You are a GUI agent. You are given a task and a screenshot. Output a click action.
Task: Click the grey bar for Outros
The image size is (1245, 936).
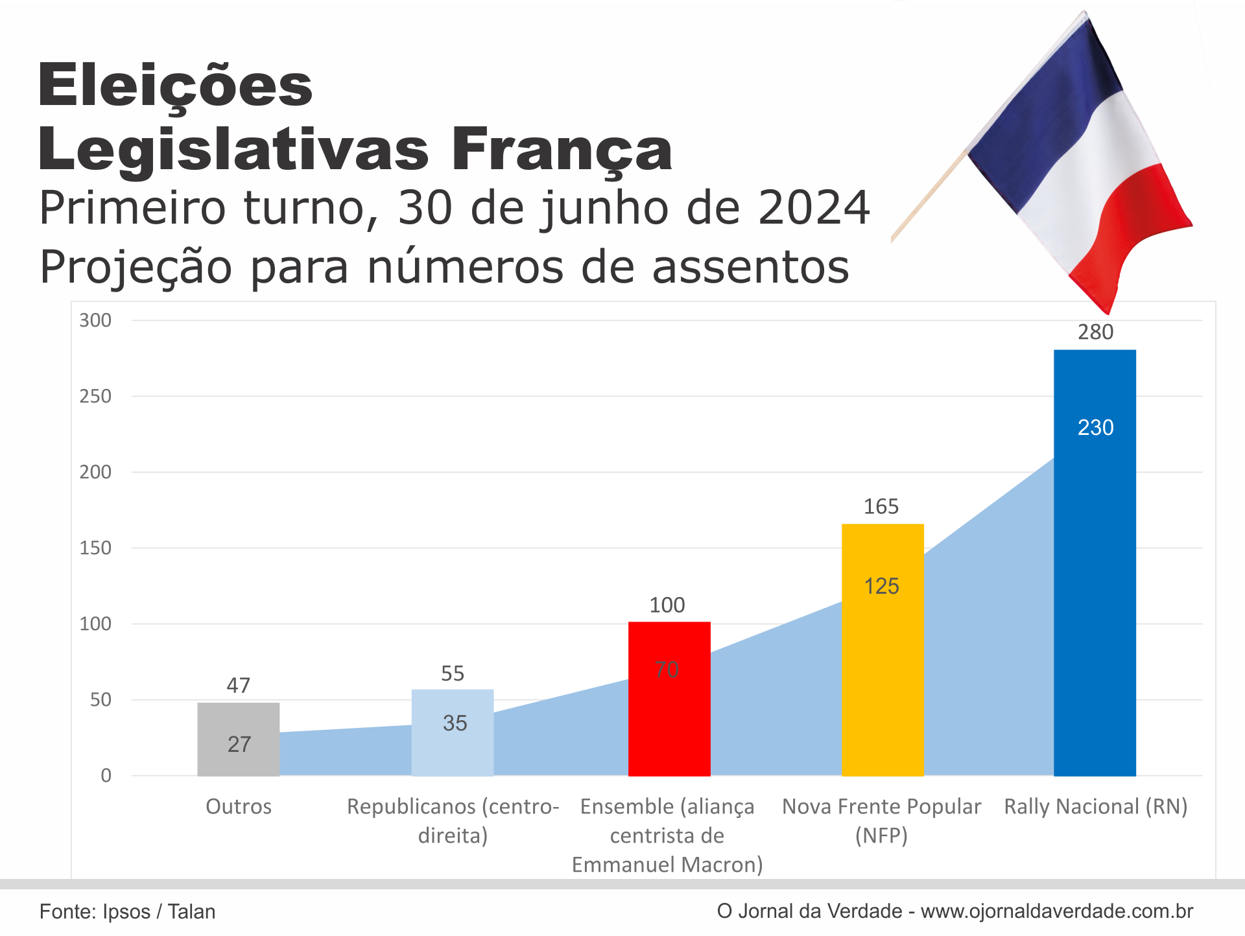pyautogui.click(x=238, y=720)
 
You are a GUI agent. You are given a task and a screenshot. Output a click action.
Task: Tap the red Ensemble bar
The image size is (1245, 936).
pyautogui.click(x=669, y=713)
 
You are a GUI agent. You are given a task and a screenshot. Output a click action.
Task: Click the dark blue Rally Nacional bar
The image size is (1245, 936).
pyautogui.click(x=1095, y=583)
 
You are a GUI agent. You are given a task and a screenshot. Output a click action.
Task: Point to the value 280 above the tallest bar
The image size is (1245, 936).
pyautogui.click(x=1095, y=332)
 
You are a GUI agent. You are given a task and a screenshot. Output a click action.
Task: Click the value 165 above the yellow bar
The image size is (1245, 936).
pyautogui.click(x=881, y=506)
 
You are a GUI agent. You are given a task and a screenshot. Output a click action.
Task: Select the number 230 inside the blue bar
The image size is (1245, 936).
pyautogui.click(x=1095, y=428)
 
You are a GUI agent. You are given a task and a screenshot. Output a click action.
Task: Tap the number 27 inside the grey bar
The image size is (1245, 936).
pyautogui.click(x=239, y=744)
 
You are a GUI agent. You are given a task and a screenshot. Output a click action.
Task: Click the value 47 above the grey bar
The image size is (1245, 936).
pyautogui.click(x=238, y=685)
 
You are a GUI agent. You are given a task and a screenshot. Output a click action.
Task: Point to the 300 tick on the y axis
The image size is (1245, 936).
pyautogui.click(x=95, y=320)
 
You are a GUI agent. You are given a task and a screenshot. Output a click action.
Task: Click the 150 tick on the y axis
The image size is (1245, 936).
pyautogui.click(x=95, y=548)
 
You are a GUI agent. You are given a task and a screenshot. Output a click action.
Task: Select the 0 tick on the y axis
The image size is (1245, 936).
pyautogui.click(x=106, y=775)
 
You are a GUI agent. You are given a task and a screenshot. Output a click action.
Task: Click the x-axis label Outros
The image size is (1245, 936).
pyautogui.click(x=238, y=806)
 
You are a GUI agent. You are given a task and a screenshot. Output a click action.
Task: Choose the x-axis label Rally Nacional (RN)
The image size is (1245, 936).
pyautogui.click(x=1095, y=806)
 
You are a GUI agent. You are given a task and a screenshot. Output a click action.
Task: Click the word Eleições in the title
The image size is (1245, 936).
pyautogui.click(x=175, y=86)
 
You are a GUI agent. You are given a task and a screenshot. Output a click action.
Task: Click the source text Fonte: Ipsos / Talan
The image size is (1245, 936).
pyautogui.click(x=127, y=911)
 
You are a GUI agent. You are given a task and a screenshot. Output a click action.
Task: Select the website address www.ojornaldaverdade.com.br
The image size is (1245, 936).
pyautogui.click(x=1056, y=911)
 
